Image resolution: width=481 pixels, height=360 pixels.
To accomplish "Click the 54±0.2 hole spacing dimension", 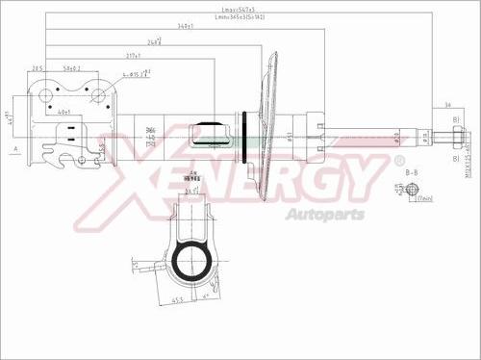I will click(x=72, y=68).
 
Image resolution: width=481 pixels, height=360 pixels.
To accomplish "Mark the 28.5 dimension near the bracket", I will click(x=38, y=68).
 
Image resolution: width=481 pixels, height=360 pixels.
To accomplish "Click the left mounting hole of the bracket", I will click(x=45, y=94).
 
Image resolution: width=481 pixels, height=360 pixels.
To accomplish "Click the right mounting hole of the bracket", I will click(x=98, y=94).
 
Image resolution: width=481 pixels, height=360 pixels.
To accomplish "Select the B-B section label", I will click(x=411, y=171).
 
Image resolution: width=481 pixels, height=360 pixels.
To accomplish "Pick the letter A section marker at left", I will click(x=16, y=149).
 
